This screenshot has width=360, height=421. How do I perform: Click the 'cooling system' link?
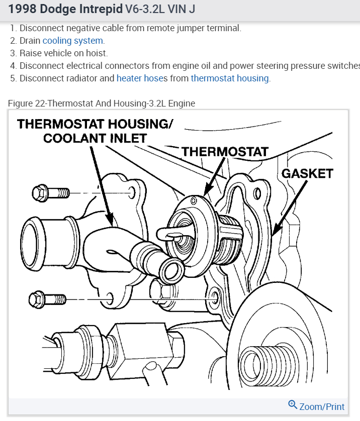pos(73,41)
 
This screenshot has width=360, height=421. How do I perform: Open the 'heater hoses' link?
pos(142,78)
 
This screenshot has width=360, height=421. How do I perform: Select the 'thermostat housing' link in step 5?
pos(229,78)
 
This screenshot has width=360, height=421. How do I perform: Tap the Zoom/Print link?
pos(322,406)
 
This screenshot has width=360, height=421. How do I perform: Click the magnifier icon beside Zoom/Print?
pos(293,405)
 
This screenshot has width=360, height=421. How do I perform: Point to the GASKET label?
pos(307,173)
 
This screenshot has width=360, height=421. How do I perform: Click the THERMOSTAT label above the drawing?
pos(225,151)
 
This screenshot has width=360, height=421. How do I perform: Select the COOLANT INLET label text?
pos(95,138)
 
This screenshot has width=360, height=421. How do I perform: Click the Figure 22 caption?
pos(101,103)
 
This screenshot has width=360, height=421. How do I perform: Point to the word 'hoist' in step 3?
pos(97,53)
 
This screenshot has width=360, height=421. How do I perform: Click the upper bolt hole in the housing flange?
pos(132,192)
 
